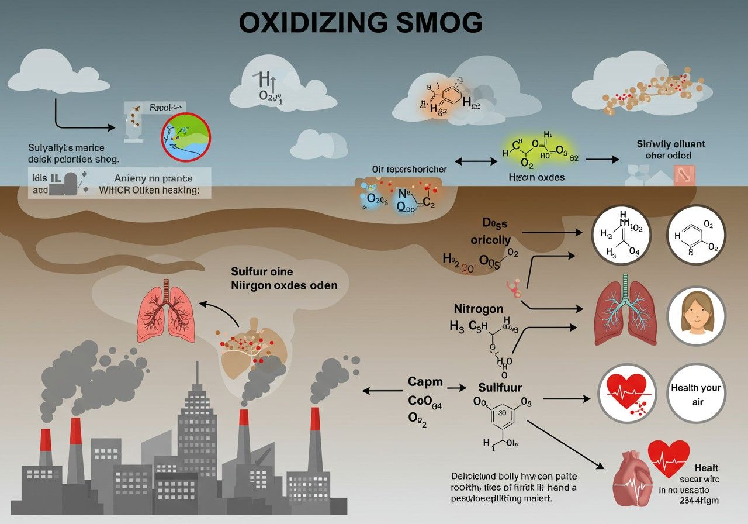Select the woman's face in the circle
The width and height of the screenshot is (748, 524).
click(695, 315)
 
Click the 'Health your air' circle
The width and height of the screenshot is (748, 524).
click(695, 394)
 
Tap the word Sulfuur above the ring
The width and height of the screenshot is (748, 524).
click(500, 387)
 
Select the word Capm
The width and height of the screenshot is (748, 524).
click(425, 382)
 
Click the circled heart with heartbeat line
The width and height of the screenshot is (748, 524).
click(626, 393)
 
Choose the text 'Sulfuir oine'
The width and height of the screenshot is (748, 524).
click(262, 271)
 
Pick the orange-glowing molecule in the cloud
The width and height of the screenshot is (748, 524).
click(441, 98)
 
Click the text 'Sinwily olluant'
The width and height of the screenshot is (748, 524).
click(670, 143)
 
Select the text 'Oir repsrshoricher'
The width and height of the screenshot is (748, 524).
click(409, 169)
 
